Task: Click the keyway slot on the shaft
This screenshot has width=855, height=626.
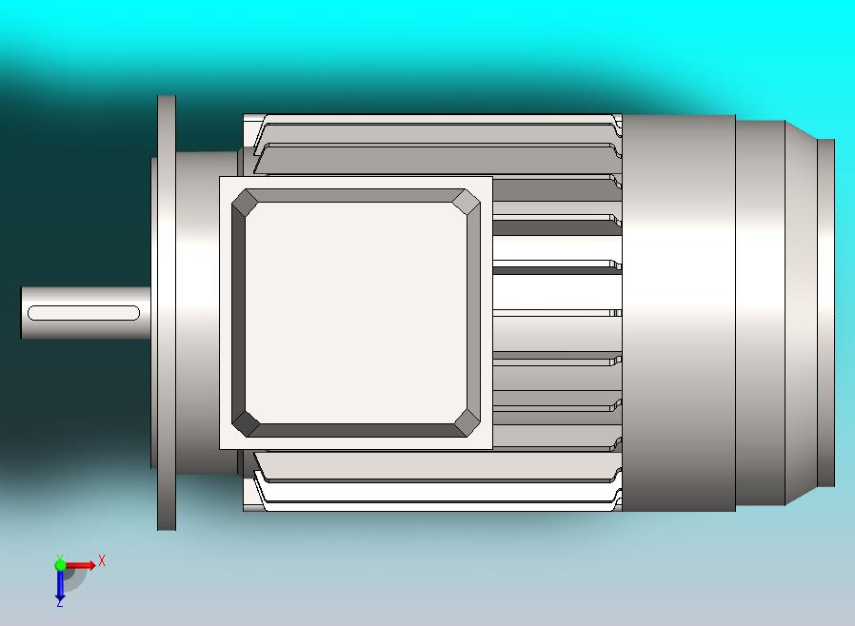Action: tap(84, 313)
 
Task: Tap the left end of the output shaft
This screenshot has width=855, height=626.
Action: tap(24, 313)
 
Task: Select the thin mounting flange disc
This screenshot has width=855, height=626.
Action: tap(167, 313)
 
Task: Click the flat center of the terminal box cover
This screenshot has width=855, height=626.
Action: tap(356, 313)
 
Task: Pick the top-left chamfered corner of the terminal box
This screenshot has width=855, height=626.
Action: tap(245, 200)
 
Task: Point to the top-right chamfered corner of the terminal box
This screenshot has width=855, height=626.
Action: tap(467, 201)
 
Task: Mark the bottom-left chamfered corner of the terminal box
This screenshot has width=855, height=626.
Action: tap(245, 424)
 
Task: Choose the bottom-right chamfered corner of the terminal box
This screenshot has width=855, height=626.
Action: tap(467, 423)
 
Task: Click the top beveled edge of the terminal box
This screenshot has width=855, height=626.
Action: tap(356, 196)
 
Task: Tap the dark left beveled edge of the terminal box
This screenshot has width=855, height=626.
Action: tap(239, 313)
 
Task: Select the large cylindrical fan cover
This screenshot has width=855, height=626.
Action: tap(678, 313)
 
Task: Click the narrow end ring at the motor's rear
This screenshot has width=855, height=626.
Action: tap(825, 313)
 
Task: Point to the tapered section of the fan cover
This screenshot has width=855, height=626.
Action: tap(800, 313)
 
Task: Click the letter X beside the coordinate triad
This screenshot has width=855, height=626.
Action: tap(102, 560)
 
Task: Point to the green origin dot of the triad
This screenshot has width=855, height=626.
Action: tap(60, 565)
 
